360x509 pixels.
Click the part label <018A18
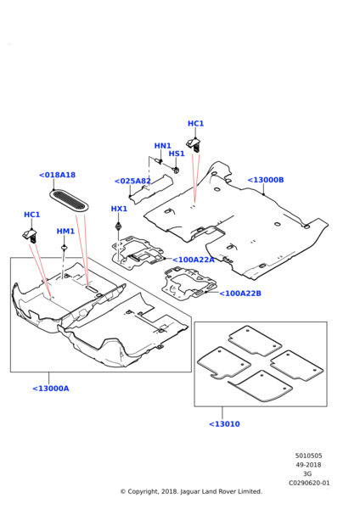pyautogui.click(x=57, y=175)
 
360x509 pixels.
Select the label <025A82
pyautogui.click(x=132, y=182)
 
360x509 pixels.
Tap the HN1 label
pyautogui.click(x=162, y=146)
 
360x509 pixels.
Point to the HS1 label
pyautogui.click(x=177, y=154)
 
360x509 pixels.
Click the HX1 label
pyautogui.click(x=119, y=209)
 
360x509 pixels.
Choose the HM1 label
pyautogui.click(x=65, y=231)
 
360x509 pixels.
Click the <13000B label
pyautogui.click(x=266, y=180)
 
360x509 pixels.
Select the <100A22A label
pyautogui.click(x=194, y=260)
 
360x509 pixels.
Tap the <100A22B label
pyautogui.click(x=240, y=294)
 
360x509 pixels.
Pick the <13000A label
pyautogui.click(x=51, y=389)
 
